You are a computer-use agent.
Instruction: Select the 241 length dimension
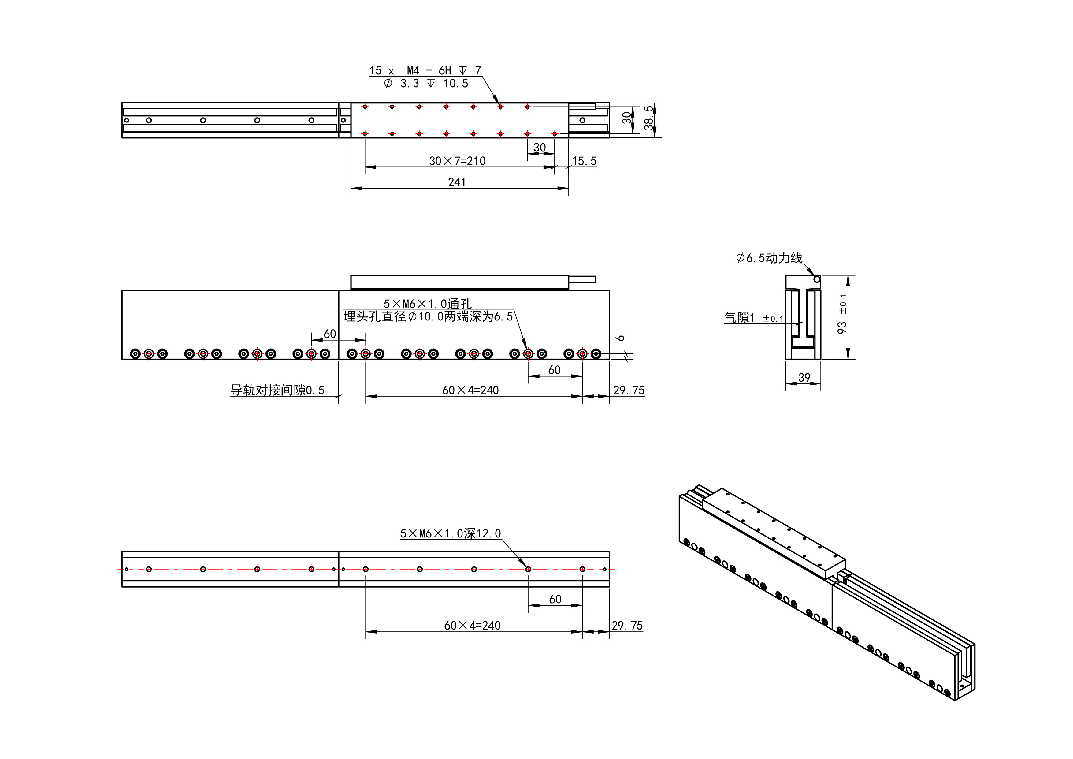457,182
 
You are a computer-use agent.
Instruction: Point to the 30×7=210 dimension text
457,161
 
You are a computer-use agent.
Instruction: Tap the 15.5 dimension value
584,161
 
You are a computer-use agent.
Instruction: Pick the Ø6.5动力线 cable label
769,258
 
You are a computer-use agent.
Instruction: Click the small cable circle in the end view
816,279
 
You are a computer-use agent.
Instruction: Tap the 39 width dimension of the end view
804,377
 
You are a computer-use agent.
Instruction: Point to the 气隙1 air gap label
739,318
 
